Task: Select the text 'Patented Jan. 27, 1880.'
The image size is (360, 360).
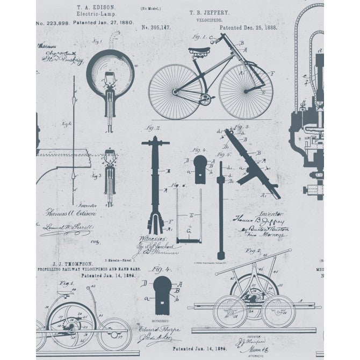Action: (106, 23)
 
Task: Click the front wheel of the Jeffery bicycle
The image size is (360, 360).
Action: (246, 92)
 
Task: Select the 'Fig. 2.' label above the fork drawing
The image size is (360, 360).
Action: (155, 128)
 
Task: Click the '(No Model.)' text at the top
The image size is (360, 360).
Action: (151, 9)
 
